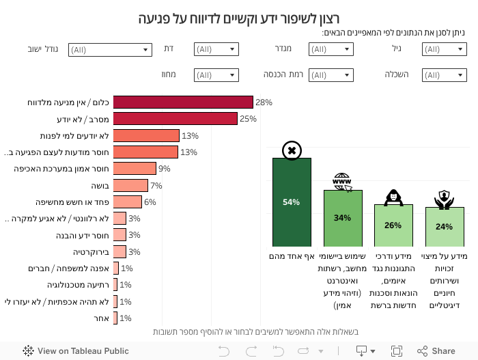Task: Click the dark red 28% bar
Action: pyautogui.click(x=183, y=102)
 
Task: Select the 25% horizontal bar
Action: pyautogui.click(x=175, y=119)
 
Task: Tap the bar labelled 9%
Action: pyautogui.click(x=135, y=169)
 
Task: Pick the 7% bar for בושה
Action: pyautogui.click(x=130, y=185)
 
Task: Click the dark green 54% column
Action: pyautogui.click(x=292, y=202)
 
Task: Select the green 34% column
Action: pyautogui.click(x=342, y=218)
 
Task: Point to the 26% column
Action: pyautogui.click(x=393, y=225)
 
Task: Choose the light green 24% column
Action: pyautogui.click(x=444, y=226)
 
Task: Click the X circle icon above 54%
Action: pyautogui.click(x=292, y=150)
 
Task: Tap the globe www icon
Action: pyautogui.click(x=342, y=182)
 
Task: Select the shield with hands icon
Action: pyautogui.click(x=444, y=199)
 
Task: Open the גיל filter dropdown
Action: pyautogui.click(x=444, y=49)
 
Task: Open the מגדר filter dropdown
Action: pyautogui.click(x=331, y=49)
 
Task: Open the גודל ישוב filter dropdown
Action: pyautogui.click(x=109, y=49)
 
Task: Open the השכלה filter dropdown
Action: pyautogui.click(x=444, y=74)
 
